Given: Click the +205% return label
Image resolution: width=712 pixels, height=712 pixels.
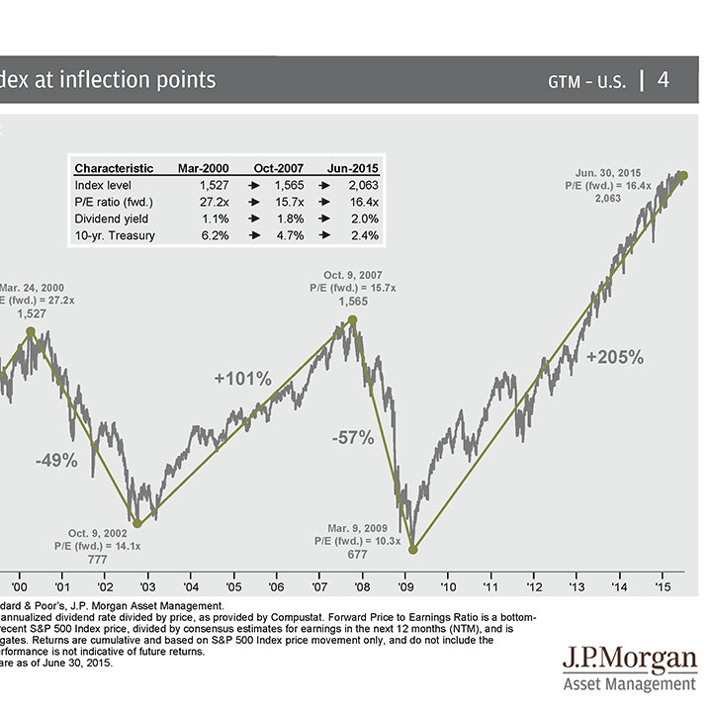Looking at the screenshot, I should click(614, 356).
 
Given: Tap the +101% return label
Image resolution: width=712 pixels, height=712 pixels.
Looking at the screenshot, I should click(242, 379).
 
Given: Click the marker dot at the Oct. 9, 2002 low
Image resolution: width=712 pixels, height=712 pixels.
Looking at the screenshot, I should click(137, 524).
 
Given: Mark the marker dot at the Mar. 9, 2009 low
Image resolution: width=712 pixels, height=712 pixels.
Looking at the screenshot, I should click(413, 550).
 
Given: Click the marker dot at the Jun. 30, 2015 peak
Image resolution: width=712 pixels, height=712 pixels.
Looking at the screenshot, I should click(683, 175).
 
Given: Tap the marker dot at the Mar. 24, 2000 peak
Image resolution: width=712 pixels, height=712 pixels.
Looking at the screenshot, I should click(31, 331).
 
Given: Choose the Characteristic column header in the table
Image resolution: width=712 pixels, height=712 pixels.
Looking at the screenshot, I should click(114, 168).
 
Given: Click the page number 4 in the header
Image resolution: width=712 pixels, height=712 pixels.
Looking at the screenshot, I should click(664, 80).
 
